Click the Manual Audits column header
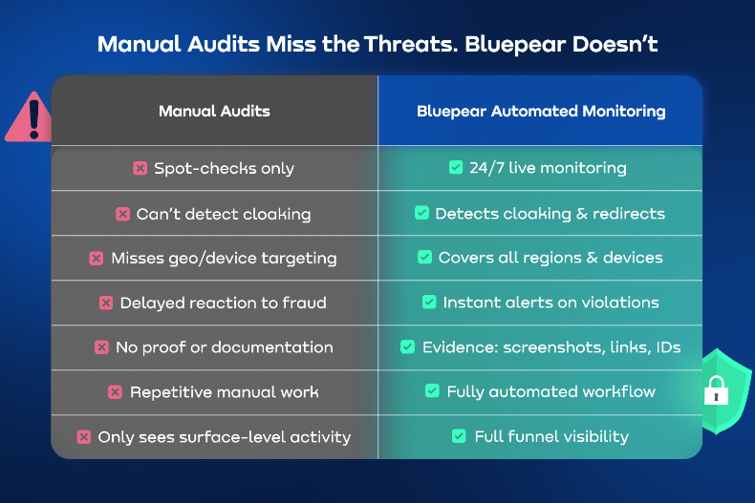click(214, 111)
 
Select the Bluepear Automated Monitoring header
click(541, 111)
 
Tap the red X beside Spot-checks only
click(140, 168)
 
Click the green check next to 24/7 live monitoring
click(456, 168)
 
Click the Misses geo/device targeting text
click(224, 258)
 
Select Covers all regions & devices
click(550, 258)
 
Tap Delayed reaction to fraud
click(223, 303)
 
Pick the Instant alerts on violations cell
click(550, 303)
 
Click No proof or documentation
click(224, 347)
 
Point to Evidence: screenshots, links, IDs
click(551, 347)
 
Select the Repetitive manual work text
click(224, 392)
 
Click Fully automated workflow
click(550, 392)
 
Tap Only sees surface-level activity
click(224, 437)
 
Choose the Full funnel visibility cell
click(551, 437)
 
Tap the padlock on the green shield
click(715, 390)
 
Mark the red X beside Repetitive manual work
click(115, 392)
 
